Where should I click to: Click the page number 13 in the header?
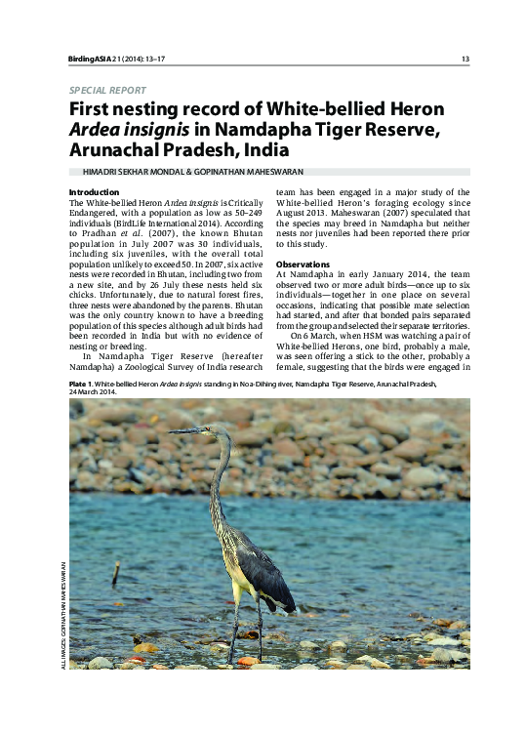click(x=465, y=60)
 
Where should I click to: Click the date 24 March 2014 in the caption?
click(x=94, y=393)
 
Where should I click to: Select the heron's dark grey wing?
click(x=262, y=571)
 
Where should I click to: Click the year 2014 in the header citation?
click(x=134, y=60)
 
